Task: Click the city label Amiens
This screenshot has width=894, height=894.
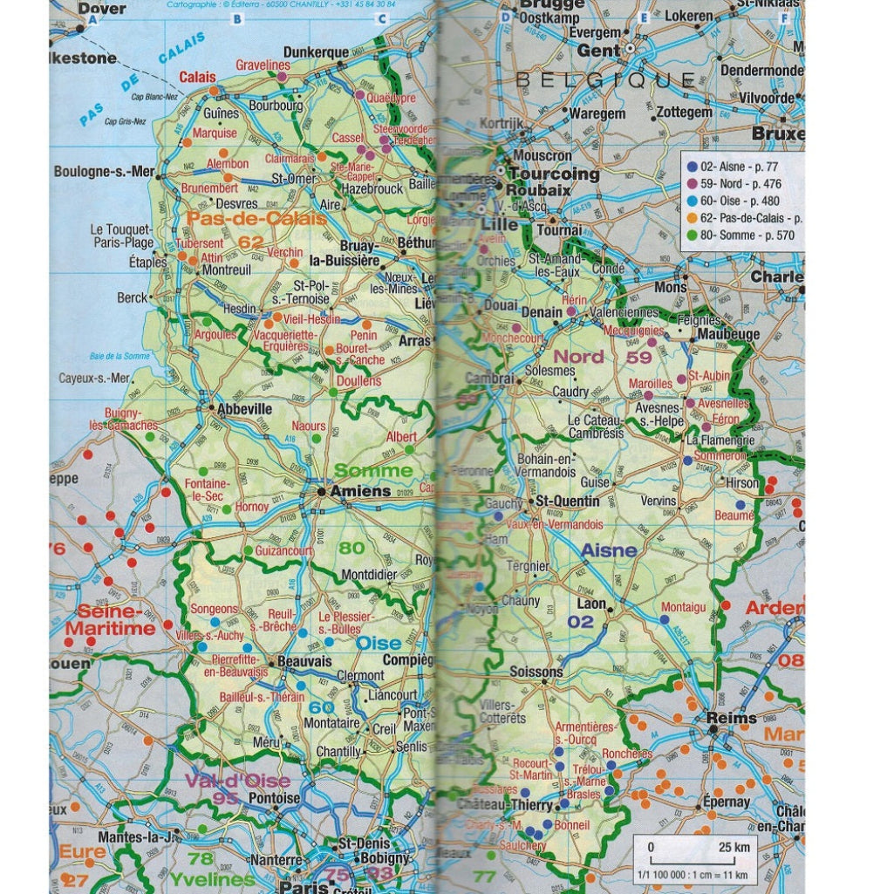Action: (359, 492)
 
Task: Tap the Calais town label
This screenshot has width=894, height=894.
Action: (199, 78)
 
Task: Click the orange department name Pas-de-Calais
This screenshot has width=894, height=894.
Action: (256, 218)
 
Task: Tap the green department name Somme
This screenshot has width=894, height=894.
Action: (373, 471)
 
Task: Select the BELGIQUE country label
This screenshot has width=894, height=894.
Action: (605, 80)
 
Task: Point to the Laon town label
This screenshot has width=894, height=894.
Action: (591, 603)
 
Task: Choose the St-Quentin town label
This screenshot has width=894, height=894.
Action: (567, 502)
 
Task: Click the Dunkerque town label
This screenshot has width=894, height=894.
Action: (316, 52)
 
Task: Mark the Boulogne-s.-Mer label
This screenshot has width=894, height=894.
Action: (103, 172)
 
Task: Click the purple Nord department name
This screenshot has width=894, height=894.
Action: (578, 356)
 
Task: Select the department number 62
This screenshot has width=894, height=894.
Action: (251, 241)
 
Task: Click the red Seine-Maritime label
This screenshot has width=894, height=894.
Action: (116, 619)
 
